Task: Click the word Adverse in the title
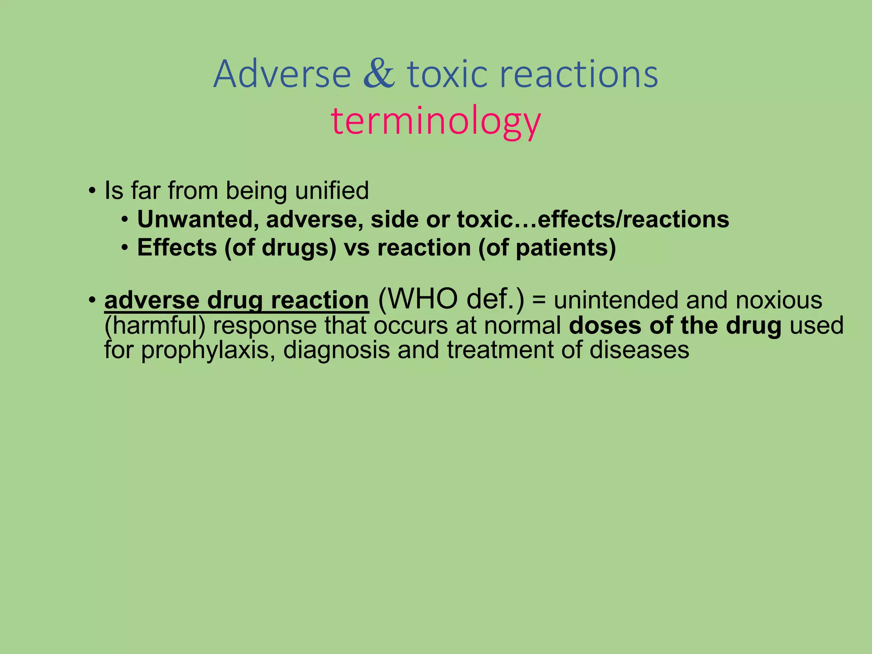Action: click(x=282, y=75)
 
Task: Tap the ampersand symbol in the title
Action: click(x=379, y=75)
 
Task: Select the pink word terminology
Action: click(x=436, y=121)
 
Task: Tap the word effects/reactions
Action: click(x=633, y=220)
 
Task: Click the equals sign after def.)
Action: click(x=539, y=300)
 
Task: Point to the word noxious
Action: click(x=779, y=300)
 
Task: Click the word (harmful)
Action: click(x=155, y=326)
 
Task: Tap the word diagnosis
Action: click(x=336, y=350)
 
